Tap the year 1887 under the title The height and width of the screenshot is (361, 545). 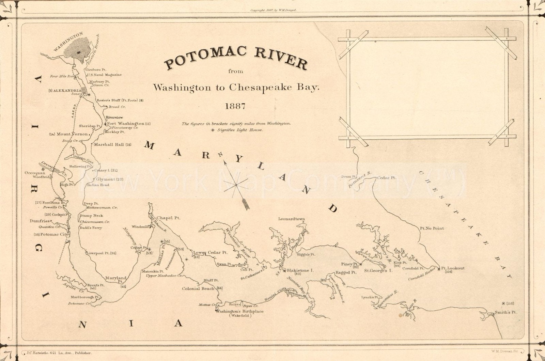pos(235,106)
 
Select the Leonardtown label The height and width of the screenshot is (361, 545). pos(292,219)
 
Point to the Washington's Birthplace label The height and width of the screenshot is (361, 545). pos(240,311)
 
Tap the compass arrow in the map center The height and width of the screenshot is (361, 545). pos(235,184)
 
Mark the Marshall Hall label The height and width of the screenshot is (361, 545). pos(109,145)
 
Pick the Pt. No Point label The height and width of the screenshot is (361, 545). pos(432,228)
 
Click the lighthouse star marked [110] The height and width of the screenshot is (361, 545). pos(503,303)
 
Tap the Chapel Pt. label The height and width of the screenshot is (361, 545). pos(168,218)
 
